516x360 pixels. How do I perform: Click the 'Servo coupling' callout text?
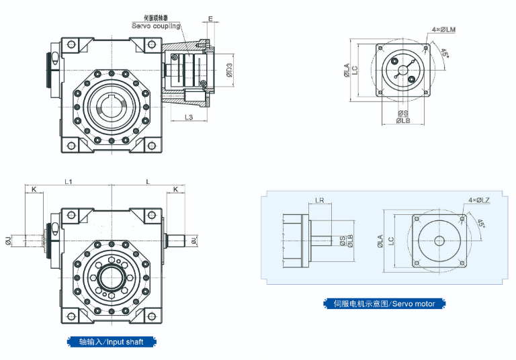[x=155, y=26]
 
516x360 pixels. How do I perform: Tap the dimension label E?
[x=210, y=18]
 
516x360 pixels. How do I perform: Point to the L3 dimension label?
[x=189, y=118]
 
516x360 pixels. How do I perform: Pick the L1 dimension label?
[x=69, y=181]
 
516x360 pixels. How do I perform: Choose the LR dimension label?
[x=320, y=200]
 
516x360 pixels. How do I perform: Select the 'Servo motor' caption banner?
[x=384, y=304]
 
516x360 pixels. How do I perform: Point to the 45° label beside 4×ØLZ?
[x=481, y=223]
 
